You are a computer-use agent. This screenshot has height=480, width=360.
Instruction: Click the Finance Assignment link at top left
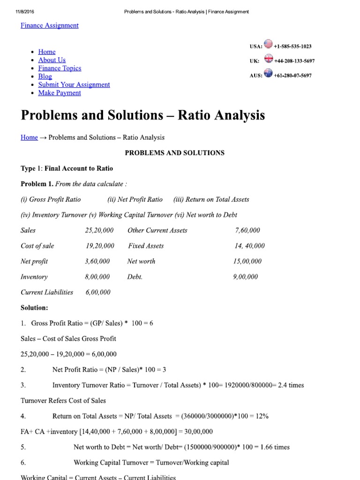[49, 25]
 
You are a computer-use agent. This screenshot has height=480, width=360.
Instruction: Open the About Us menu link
[52, 60]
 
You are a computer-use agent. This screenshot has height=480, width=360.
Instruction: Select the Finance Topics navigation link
[60, 68]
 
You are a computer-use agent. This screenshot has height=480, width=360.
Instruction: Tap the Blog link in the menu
[45, 76]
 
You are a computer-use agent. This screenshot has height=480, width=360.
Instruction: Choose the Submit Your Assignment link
[74, 84]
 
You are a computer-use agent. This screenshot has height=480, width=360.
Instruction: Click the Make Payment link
[60, 93]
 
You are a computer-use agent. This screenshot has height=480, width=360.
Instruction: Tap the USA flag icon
[269, 45]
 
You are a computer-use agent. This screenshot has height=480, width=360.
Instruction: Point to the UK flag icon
[269, 59]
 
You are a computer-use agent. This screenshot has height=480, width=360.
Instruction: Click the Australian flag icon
[269, 73]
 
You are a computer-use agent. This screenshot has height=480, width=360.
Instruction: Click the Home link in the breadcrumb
[29, 137]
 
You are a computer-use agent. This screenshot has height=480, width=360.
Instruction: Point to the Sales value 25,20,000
[99, 230]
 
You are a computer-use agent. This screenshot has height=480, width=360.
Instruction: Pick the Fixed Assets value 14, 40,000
[249, 246]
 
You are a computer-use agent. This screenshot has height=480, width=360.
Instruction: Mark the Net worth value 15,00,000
[247, 261]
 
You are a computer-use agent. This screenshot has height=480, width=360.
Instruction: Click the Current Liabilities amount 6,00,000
[98, 292]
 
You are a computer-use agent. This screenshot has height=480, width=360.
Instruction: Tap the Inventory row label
[34, 277]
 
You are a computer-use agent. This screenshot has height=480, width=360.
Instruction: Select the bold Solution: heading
[34, 307]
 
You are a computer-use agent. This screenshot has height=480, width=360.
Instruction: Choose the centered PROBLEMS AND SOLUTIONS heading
[174, 153]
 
